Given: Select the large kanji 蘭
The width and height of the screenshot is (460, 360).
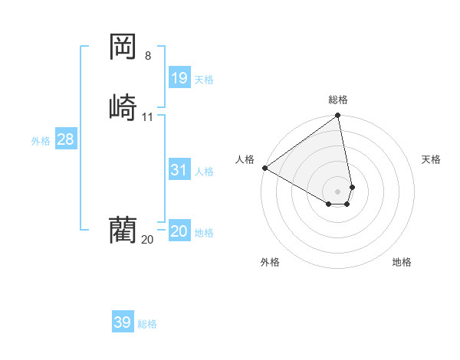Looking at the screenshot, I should (123, 229).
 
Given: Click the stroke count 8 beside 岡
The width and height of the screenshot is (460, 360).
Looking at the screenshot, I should (148, 55).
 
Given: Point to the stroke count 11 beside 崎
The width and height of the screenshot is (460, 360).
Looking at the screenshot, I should (148, 117).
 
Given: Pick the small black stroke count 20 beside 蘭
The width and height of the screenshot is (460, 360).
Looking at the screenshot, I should (147, 240).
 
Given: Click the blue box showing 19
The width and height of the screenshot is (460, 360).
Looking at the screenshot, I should (179, 77).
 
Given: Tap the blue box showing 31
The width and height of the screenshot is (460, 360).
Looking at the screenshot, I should (179, 170).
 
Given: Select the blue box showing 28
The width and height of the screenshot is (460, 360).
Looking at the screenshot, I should (65, 139).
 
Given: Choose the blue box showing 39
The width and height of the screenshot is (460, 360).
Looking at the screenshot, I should (123, 322).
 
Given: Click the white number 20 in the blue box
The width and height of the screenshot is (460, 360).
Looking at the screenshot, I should (179, 231).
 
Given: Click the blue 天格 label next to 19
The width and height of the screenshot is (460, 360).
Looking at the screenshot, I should (204, 80).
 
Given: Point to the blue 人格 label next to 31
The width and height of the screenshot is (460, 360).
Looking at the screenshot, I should (204, 172).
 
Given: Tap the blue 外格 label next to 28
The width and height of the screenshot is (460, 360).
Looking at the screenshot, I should (41, 141).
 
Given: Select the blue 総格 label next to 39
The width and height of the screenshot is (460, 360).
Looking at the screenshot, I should (147, 324).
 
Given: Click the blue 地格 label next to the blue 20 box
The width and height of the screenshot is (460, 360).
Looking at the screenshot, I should (204, 233).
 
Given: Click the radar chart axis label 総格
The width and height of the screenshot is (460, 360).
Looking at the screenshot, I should (338, 100).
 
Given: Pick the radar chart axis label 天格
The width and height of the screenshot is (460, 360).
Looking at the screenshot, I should (431, 159).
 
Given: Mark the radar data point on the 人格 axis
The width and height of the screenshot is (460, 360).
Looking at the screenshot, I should (264, 167).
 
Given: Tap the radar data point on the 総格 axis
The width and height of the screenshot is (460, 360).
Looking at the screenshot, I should (338, 116).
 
